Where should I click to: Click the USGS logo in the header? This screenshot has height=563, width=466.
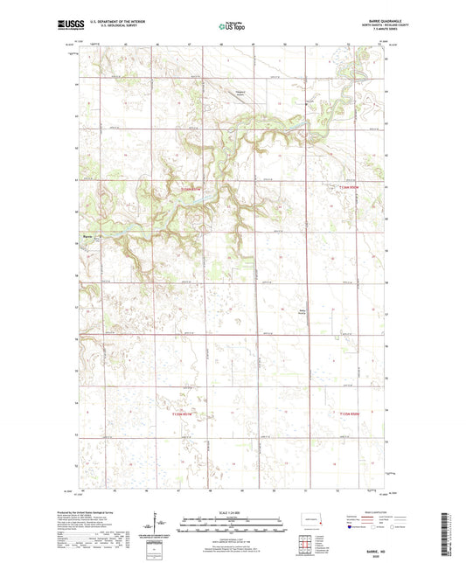[x=69, y=26]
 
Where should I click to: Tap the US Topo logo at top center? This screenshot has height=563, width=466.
[x=232, y=27]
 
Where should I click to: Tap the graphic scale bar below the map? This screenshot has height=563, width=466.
[x=233, y=524]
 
